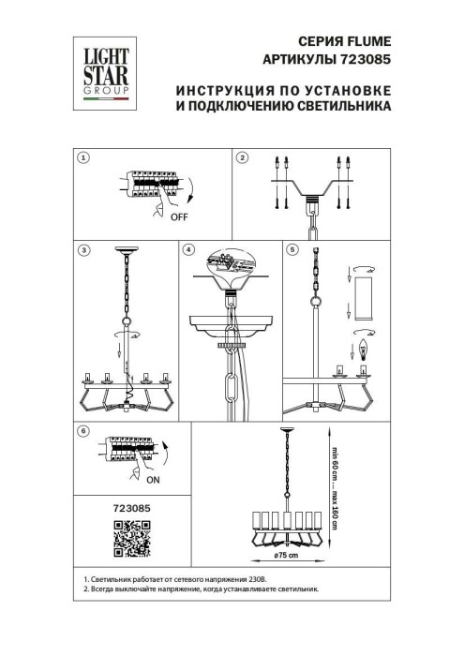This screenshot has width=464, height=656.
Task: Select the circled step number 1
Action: point(83,158)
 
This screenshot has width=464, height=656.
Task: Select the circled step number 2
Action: point(242,158)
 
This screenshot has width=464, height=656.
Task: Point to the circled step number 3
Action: point(83,251)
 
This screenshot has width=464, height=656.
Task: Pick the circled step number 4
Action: point(188,251)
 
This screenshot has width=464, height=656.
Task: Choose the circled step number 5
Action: point(292,251)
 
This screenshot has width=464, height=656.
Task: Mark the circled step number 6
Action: point(83,430)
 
